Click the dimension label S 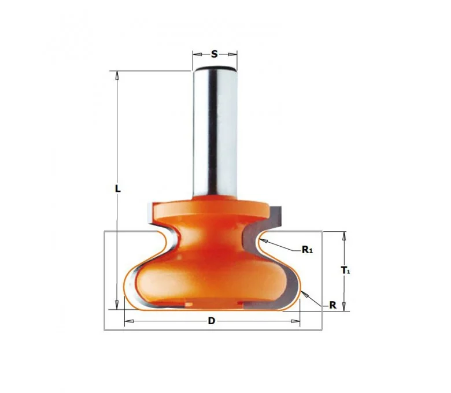[x=215, y=54]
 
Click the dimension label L [x=117, y=189]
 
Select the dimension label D [x=212, y=321]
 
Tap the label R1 [x=307, y=250]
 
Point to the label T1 [x=345, y=270]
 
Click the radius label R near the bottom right [x=332, y=305]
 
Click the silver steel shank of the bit [x=215, y=132]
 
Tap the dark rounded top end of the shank [x=215, y=68]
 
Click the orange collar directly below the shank [x=212, y=209]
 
